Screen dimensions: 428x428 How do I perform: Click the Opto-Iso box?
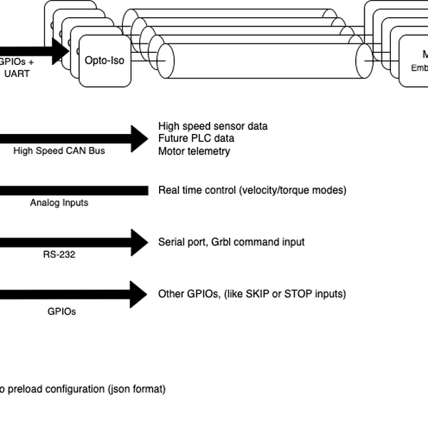(x=104, y=61)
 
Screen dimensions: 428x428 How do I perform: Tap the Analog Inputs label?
(x=58, y=203)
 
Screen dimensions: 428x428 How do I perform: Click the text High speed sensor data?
(x=213, y=126)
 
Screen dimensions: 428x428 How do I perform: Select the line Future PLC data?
(x=196, y=138)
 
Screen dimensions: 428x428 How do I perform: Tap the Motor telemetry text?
(x=194, y=151)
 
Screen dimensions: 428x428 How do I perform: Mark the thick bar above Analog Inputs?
(x=71, y=190)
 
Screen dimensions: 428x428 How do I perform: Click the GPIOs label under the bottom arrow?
(x=61, y=311)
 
